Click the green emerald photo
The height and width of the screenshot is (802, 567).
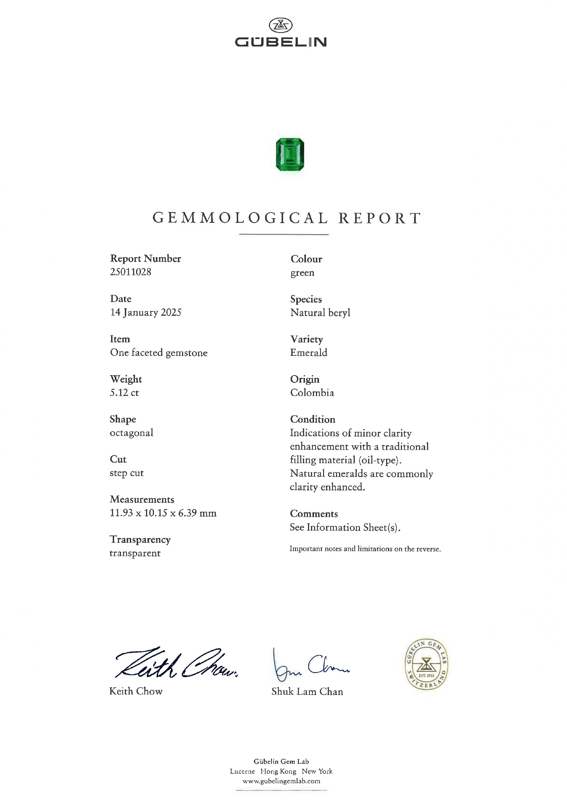pos(290,155)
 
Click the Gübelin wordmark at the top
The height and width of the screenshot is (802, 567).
pos(281,42)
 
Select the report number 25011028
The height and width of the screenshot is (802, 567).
pos(131,272)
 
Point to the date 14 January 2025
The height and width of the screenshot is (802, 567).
pos(145,312)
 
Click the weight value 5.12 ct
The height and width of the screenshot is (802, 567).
pos(124,393)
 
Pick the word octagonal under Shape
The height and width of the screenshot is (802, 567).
pos(131,433)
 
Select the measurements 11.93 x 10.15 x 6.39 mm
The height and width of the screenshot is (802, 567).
pos(163,513)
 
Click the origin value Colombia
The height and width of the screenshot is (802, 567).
pos(312,393)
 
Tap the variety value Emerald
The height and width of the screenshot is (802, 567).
pos(309,352)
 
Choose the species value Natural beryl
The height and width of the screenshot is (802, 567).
pos(320,313)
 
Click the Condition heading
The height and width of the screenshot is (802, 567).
pos(312,419)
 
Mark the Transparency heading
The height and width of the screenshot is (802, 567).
pos(140,540)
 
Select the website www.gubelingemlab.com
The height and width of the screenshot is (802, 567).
pos(281,781)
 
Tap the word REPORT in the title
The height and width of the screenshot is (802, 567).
pos(380,218)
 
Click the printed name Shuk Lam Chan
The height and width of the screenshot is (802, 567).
pos(307,692)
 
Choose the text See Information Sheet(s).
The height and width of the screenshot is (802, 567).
pos(345,528)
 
